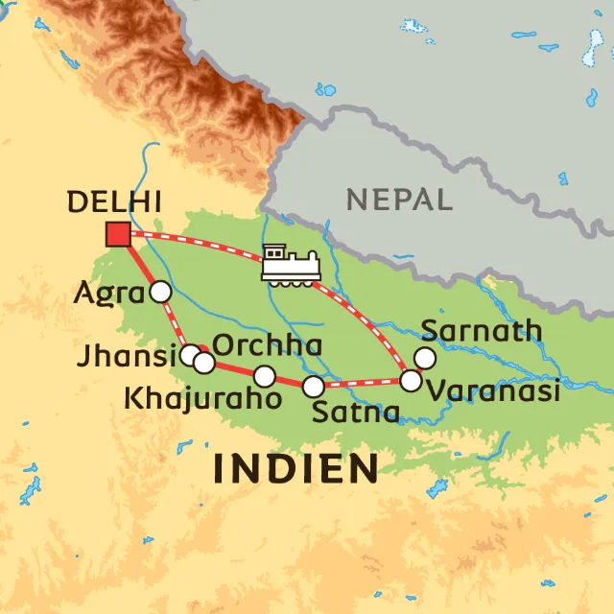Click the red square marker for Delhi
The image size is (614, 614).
click(118, 234)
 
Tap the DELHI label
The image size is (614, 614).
click(112, 202)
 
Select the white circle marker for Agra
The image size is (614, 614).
click(160, 292)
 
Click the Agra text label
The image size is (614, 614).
click(107, 294)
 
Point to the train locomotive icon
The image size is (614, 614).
click(290, 265)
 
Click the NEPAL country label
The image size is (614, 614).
click(399, 200)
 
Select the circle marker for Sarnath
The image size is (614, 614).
click(424, 358)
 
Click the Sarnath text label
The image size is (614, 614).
click(482, 331)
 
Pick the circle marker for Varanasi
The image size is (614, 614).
click(411, 381)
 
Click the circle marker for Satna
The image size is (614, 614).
click(314, 387)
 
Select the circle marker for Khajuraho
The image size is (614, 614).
click(265, 376)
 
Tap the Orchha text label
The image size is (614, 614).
click(266, 345)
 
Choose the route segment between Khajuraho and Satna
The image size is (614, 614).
click(289, 382)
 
